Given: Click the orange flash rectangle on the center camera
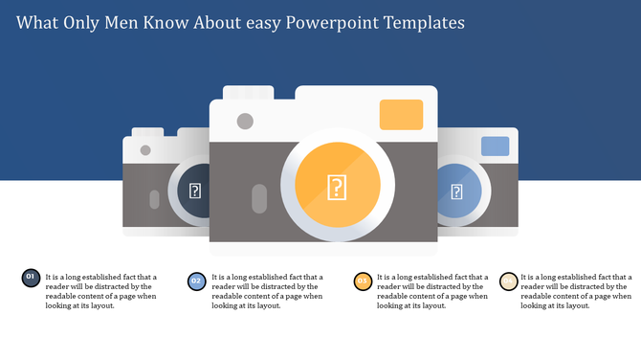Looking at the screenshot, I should click(401, 114).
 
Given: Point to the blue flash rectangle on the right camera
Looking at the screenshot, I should click(495, 146).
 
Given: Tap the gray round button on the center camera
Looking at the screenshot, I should click(245, 121).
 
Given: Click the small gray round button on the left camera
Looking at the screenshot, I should click(145, 149).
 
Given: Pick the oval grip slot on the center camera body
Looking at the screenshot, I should click(257, 198).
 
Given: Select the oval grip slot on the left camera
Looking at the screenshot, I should click(155, 198).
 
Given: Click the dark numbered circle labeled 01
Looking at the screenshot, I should click(31, 279).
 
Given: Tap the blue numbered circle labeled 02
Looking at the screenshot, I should click(196, 281).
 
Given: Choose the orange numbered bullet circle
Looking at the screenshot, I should click(363, 281).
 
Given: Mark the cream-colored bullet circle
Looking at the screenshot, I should click(509, 281).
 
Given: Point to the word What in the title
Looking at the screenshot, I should click(38, 21).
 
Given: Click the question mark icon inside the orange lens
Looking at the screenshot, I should click(337, 187).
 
